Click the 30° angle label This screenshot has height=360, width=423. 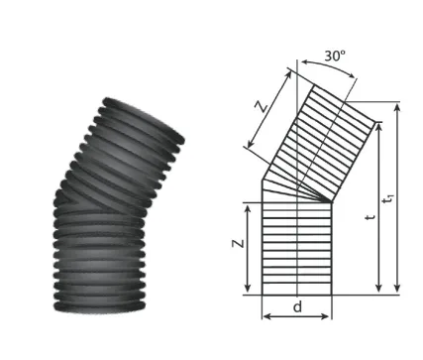[335, 57]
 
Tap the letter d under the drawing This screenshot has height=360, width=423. [297, 307]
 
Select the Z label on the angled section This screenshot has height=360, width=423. [262, 107]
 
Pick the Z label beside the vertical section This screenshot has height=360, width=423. [238, 243]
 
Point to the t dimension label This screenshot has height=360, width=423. [371, 217]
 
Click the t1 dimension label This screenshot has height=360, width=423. [388, 199]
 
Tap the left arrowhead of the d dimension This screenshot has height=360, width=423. [266, 316]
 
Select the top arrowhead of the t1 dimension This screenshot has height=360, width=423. [397, 107]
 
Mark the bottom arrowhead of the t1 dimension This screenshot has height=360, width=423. [397, 288]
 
